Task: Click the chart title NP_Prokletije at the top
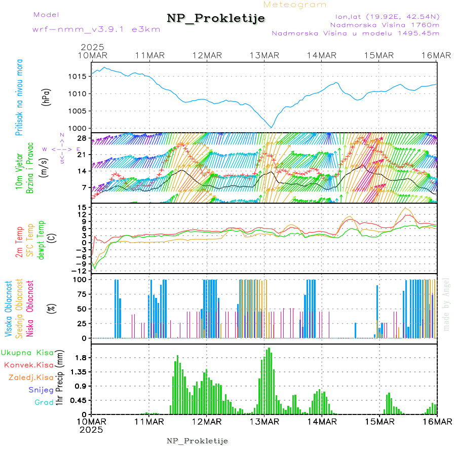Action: click(x=216, y=19)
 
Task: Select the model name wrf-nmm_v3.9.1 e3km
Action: click(x=96, y=29)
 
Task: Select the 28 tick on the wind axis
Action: click(x=83, y=138)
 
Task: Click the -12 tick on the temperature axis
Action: click(x=81, y=271)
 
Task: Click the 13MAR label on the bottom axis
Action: click(x=264, y=422)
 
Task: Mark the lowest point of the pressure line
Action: click(x=272, y=128)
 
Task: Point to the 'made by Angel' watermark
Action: click(x=446, y=304)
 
